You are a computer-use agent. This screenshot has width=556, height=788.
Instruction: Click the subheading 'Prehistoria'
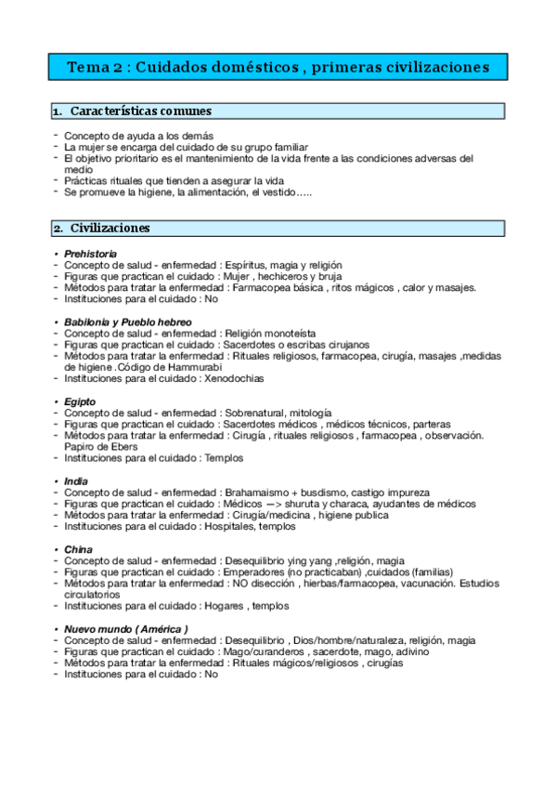[x=90, y=254]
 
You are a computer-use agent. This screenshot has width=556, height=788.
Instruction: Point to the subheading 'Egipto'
[x=80, y=401]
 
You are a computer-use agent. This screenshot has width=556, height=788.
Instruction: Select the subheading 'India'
[x=76, y=480]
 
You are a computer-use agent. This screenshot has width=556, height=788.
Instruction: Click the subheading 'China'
[x=78, y=549]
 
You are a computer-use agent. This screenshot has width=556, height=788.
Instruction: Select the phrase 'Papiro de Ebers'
[x=99, y=446]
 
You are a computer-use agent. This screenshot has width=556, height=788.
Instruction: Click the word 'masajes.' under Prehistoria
[x=456, y=288]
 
